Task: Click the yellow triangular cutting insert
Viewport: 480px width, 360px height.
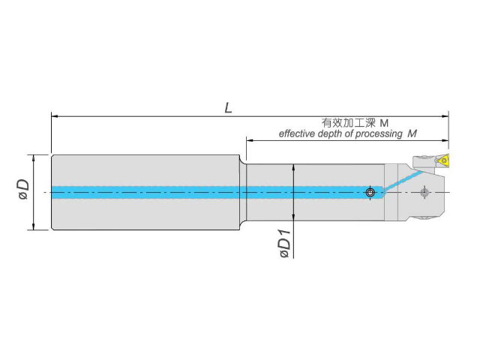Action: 443,160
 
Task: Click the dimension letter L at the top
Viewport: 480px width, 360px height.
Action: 228,108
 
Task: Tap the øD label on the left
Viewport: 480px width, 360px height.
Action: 23,189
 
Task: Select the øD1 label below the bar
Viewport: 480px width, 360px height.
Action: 285,244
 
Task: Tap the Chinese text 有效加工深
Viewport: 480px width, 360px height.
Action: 348,123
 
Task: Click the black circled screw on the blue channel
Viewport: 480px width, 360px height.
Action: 370,193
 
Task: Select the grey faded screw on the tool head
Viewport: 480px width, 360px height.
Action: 424,193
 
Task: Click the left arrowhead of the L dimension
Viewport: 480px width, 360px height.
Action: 55,116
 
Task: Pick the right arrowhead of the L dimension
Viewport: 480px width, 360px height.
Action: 445,116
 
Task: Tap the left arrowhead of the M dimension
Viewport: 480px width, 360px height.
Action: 250,140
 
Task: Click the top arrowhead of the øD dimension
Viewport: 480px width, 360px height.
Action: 33,158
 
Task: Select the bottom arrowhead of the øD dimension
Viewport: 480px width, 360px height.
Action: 33,226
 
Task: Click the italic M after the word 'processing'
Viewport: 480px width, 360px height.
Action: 412,133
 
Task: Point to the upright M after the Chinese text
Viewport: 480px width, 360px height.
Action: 384,123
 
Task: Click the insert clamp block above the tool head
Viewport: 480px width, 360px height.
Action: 424,161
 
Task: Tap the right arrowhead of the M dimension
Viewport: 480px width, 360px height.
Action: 445,140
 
